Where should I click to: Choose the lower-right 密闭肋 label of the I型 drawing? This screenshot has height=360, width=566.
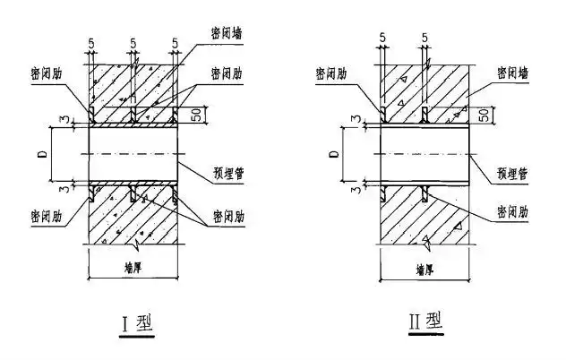coord(227,217)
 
